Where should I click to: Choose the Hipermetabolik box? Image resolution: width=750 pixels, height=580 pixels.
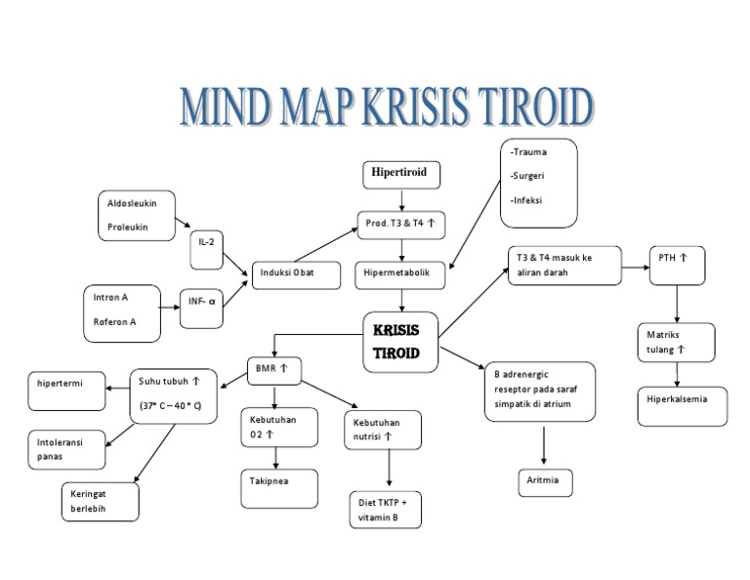(400, 274)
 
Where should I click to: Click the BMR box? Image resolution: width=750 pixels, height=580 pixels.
(273, 369)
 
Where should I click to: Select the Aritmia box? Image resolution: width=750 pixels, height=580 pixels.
(544, 482)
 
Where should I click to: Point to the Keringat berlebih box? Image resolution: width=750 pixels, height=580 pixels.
(101, 500)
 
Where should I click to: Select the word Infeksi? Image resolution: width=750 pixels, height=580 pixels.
(528, 200)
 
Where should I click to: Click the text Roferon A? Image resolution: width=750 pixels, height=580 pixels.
(116, 321)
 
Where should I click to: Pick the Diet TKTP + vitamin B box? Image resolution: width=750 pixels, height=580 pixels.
(385, 509)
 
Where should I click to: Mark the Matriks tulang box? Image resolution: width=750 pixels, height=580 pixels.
(675, 342)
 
